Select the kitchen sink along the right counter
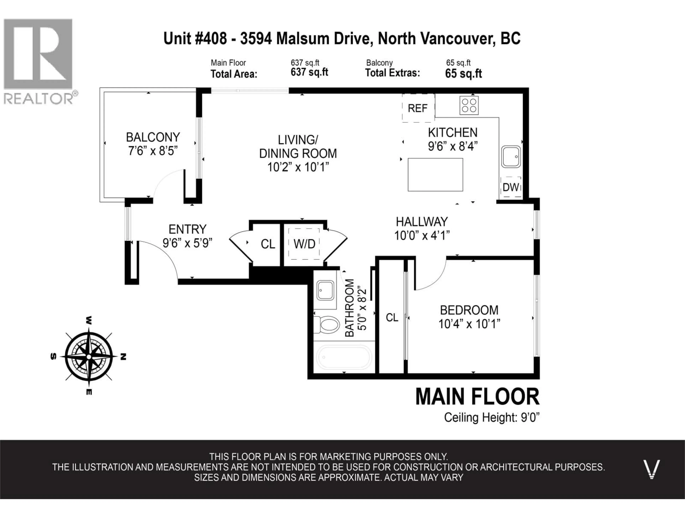(x=511, y=157)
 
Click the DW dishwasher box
(x=511, y=187)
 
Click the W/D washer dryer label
(x=304, y=244)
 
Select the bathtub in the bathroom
(x=344, y=357)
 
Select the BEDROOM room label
(x=469, y=310)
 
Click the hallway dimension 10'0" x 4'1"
(x=422, y=236)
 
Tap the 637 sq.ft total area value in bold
(x=309, y=72)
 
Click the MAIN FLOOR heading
(x=477, y=397)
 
